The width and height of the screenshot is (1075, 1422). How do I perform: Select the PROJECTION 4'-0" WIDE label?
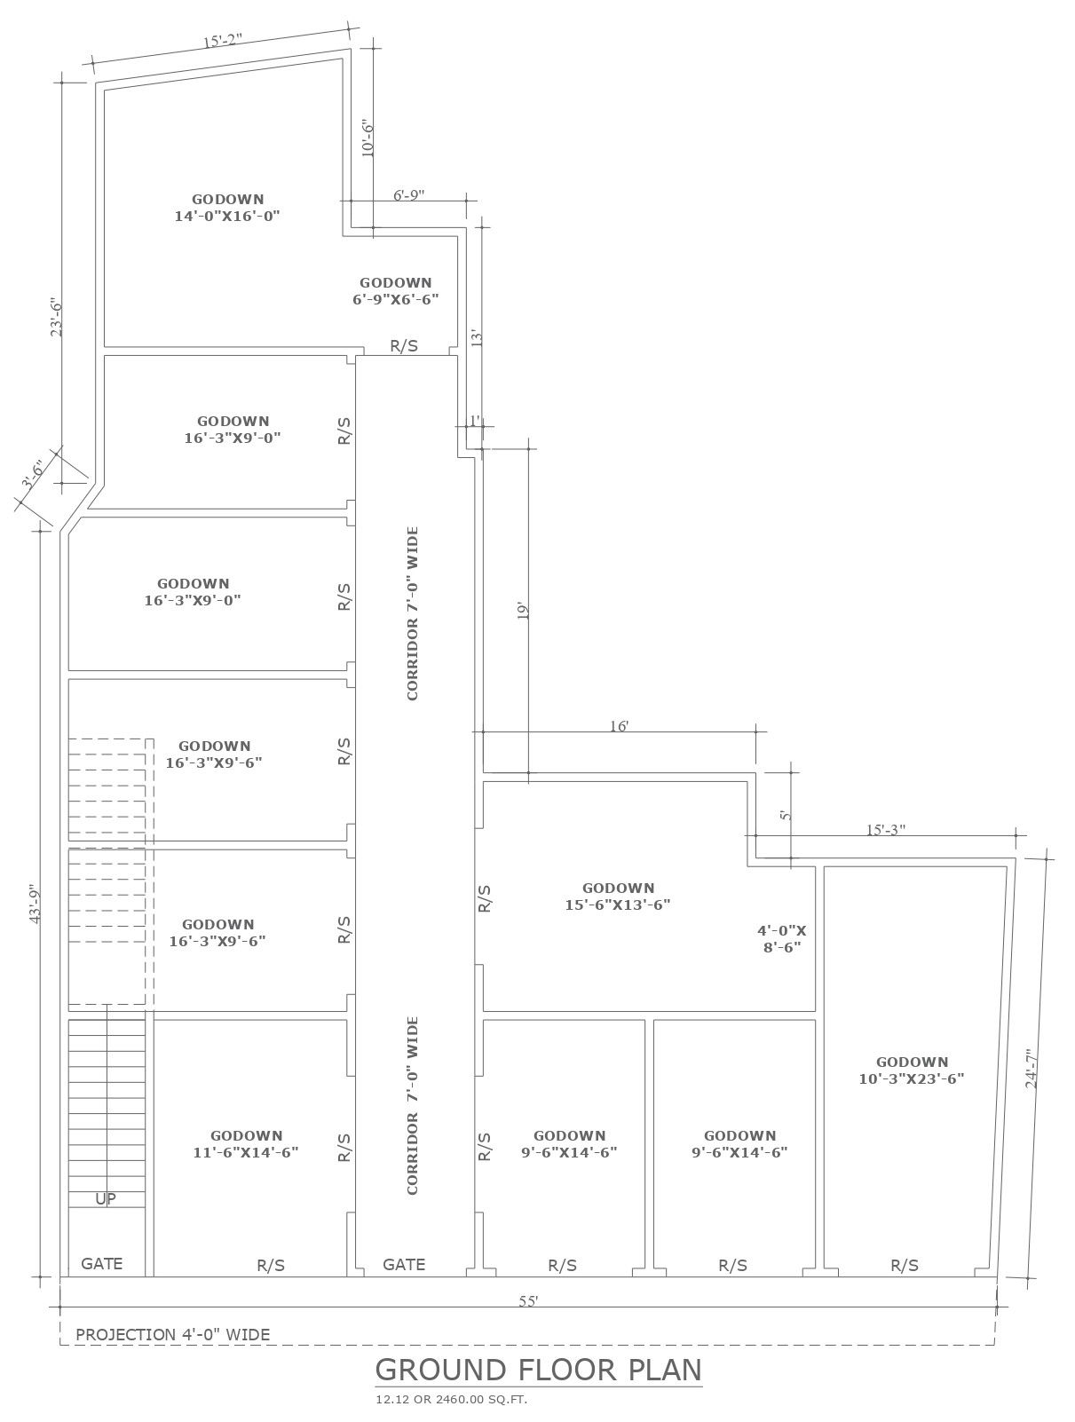point(173,1334)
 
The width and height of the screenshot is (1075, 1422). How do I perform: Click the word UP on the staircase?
point(106,1198)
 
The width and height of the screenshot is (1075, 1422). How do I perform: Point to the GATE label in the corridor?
point(404,1264)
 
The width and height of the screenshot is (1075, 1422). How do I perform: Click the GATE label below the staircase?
point(102,1262)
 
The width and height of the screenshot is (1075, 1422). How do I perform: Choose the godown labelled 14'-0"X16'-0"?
point(227,208)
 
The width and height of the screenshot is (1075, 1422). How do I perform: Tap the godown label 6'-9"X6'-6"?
point(396,291)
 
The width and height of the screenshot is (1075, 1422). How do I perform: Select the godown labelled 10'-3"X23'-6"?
point(912,1070)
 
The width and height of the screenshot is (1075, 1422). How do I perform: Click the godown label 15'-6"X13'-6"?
point(618,896)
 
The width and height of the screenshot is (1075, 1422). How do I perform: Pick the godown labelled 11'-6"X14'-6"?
point(246,1143)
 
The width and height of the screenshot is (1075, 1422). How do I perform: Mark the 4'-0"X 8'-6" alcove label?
point(782,939)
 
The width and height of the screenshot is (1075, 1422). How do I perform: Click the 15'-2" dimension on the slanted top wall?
point(222,41)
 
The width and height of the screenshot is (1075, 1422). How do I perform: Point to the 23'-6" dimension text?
point(56,317)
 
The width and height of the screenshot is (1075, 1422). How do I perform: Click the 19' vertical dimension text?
point(523,611)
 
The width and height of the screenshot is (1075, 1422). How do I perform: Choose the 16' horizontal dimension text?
point(619,726)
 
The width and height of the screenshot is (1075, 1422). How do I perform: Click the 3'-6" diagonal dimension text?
point(31,474)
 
